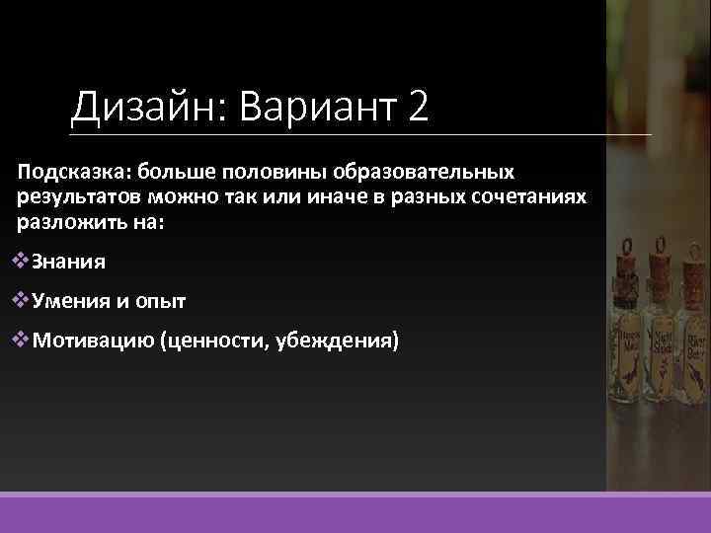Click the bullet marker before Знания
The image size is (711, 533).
click(x=25, y=262)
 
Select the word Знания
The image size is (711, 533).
click(x=69, y=263)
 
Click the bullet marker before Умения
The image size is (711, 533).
click(x=25, y=301)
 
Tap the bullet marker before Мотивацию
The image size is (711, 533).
click(x=25, y=342)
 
